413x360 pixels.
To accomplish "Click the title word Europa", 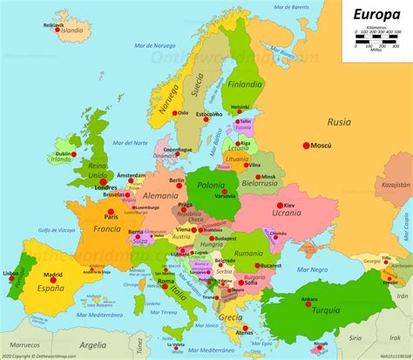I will click(377, 15).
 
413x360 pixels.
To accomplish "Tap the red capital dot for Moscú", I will click(306, 145).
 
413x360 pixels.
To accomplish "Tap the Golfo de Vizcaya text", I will click(54, 229).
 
